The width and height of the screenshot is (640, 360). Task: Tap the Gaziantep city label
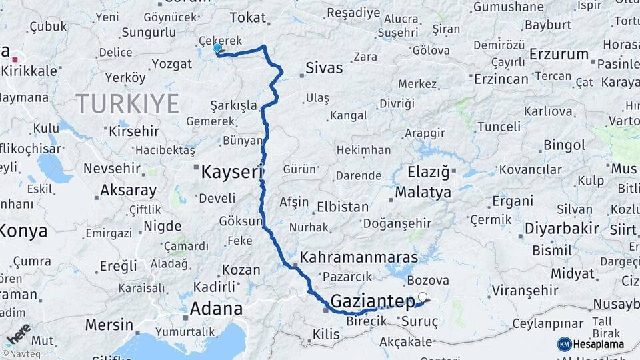373,301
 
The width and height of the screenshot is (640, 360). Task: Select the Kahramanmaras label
359,257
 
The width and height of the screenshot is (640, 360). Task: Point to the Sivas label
324,68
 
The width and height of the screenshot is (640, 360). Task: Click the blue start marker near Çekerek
217,48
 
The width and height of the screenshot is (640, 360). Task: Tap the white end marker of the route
422,297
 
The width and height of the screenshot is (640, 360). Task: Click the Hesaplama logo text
598,344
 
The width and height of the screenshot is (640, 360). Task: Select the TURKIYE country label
127,104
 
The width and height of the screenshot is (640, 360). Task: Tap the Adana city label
216,309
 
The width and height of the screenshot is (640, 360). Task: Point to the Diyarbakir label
561,229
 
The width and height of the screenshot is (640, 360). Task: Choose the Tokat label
247,18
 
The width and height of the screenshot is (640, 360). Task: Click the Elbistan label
343,207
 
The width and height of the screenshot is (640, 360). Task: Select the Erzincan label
501,79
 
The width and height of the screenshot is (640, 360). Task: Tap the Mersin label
109,325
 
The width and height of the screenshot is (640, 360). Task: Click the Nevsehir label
110,169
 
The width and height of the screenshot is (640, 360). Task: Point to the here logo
18,333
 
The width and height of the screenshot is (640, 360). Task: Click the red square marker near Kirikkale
15,60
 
